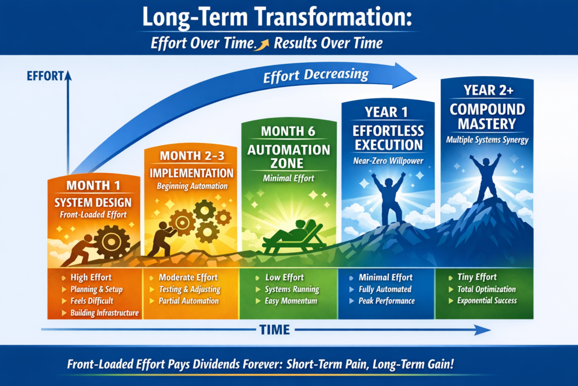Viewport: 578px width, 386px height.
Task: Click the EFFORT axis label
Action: (x=45, y=76)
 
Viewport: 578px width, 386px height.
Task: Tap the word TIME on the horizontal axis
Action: (x=275, y=329)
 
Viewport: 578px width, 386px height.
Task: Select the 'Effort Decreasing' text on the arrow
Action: (x=316, y=75)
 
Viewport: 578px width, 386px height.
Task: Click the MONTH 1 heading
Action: (x=93, y=185)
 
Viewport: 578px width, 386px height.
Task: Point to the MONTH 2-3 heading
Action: (x=192, y=156)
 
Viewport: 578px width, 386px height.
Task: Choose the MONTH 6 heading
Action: (x=288, y=131)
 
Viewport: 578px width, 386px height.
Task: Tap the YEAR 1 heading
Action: (x=386, y=112)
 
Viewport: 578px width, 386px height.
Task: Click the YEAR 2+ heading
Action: (x=488, y=90)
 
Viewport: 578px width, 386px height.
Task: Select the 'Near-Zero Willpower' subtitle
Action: (x=388, y=161)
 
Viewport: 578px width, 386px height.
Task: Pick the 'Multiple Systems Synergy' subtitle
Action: (x=487, y=140)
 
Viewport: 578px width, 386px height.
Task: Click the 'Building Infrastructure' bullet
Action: (x=104, y=313)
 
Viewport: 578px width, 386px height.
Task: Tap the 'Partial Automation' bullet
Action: (x=189, y=301)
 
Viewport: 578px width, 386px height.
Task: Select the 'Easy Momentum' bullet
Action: (x=291, y=301)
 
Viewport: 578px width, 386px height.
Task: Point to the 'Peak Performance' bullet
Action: (x=387, y=301)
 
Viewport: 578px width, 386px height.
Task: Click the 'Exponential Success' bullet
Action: (x=487, y=301)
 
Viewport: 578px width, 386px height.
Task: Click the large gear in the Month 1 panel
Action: (x=111, y=242)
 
